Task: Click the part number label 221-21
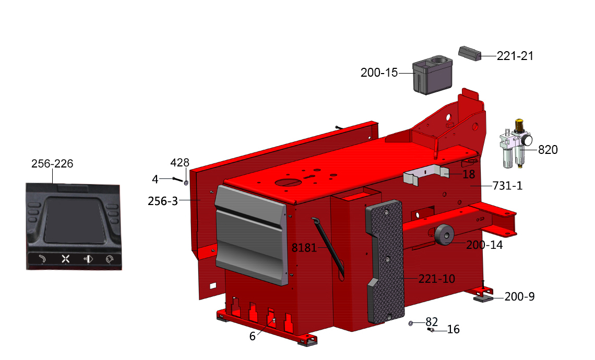515,56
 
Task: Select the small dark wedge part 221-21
470,54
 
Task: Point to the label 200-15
379,73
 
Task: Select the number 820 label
548,150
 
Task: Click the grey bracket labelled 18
426,174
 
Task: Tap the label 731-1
507,186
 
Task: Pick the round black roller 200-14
444,235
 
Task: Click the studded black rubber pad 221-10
385,261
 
